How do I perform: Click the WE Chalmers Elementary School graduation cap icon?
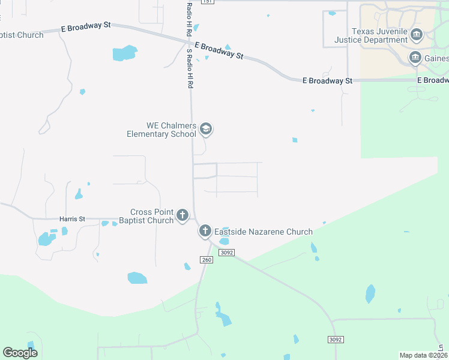click(x=206, y=128)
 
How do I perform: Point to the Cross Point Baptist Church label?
click(x=152, y=216)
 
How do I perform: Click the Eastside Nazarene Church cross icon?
click(x=205, y=231)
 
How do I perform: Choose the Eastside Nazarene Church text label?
click(x=264, y=232)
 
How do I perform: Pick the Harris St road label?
click(x=72, y=219)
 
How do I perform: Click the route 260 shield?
click(x=206, y=260)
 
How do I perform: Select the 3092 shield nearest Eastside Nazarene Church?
click(x=226, y=253)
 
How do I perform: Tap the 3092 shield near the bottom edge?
click(x=336, y=340)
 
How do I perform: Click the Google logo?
click(x=20, y=352)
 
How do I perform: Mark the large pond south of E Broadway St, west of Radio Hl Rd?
click(x=125, y=53)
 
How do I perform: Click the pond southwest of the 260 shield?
click(x=137, y=277)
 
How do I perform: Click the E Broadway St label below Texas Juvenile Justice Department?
click(x=327, y=80)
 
